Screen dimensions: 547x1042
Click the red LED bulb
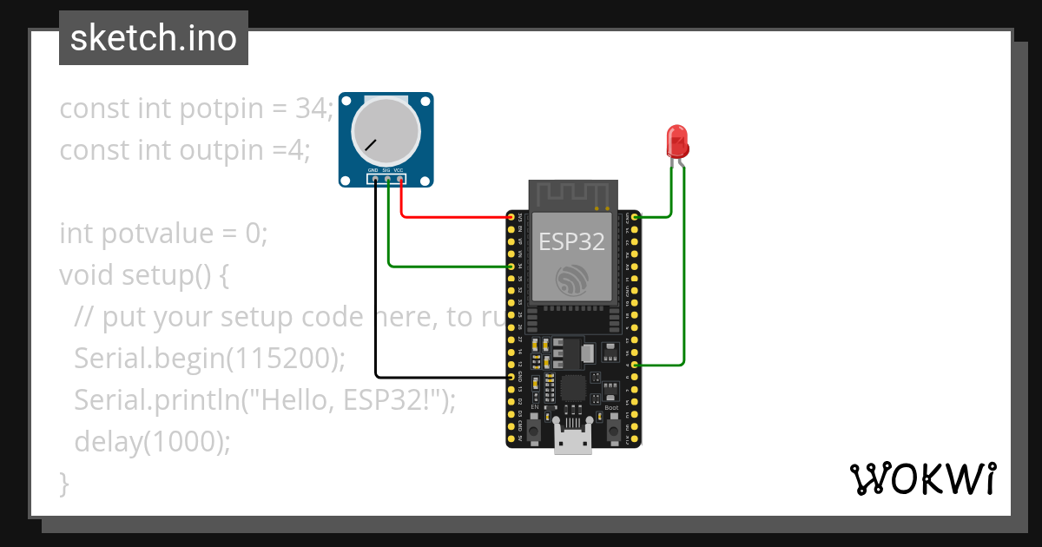(676, 140)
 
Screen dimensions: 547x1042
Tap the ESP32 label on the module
(572, 241)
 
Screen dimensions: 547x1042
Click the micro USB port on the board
(573, 442)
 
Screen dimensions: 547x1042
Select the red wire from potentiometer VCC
(452, 216)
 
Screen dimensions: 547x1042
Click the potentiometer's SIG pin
(387, 180)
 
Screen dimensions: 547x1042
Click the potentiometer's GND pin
(374, 180)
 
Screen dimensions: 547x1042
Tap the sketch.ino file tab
(154, 38)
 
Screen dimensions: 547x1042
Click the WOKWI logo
(923, 478)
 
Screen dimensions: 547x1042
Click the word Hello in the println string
(290, 400)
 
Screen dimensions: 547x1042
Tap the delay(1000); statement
(153, 442)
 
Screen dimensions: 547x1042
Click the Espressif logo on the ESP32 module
(572, 278)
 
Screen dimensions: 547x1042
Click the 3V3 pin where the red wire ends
(511, 216)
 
